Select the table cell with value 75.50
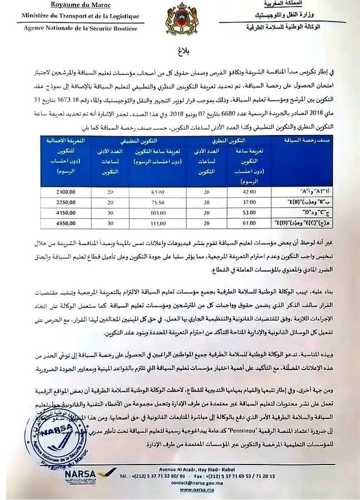pyautogui.click(x=153, y=202)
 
